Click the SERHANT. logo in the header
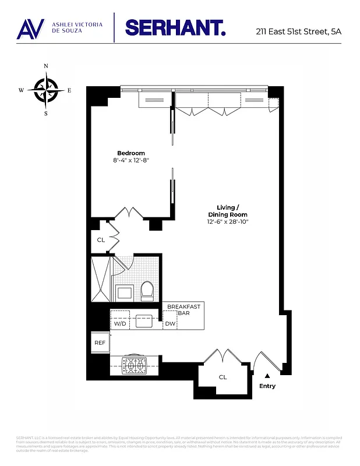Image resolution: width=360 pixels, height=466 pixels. click(x=175, y=27)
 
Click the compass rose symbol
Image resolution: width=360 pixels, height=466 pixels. click(x=45, y=90)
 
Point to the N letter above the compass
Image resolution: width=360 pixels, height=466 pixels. click(x=46, y=66)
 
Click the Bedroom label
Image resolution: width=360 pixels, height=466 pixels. click(x=130, y=153)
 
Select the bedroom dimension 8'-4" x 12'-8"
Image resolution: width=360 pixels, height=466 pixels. click(x=131, y=161)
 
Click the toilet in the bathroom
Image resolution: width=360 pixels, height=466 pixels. click(x=147, y=290)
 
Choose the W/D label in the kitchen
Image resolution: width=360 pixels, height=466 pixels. click(x=120, y=323)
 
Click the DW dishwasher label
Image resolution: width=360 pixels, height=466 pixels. click(x=170, y=323)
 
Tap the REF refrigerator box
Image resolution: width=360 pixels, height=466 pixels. click(x=100, y=343)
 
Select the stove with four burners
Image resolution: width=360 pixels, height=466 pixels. click(x=135, y=366)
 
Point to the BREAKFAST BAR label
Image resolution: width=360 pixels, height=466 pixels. click(x=184, y=310)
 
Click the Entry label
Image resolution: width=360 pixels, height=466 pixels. click(x=267, y=386)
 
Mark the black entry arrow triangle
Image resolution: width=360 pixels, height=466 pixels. click(x=267, y=376)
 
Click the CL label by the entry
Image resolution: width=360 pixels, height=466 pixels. click(x=223, y=377)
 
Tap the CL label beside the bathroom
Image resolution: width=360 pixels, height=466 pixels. click(x=101, y=239)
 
